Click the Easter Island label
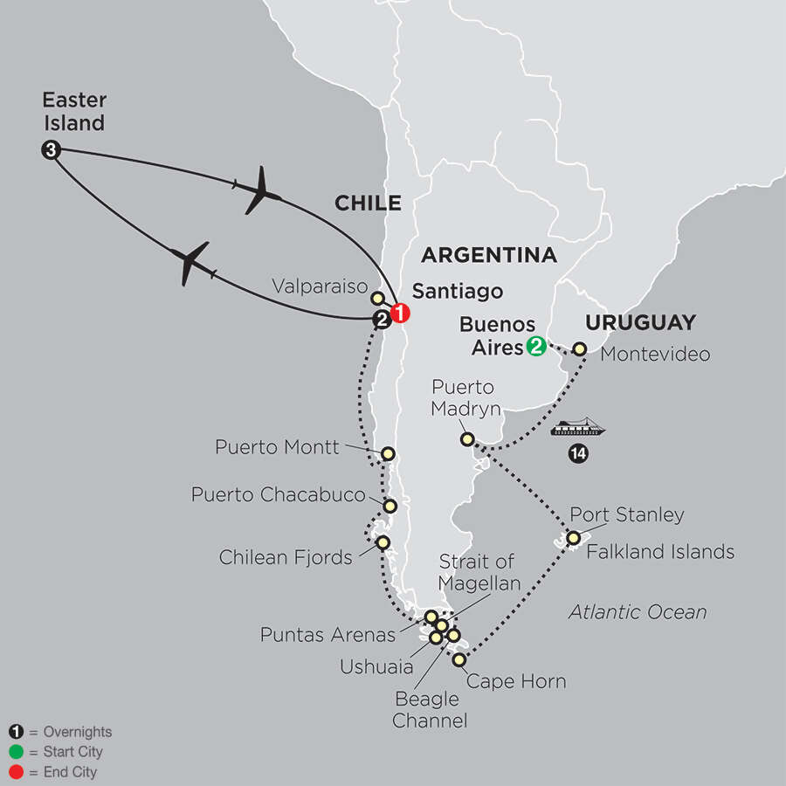pyautogui.click(x=74, y=112)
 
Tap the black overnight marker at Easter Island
pyautogui.click(x=51, y=150)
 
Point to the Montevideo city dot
pyautogui.click(x=579, y=348)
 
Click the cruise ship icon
pyautogui.click(x=577, y=428)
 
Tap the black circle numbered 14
pyautogui.click(x=576, y=453)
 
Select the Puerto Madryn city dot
pyautogui.click(x=468, y=438)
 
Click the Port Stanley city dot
pyautogui.click(x=574, y=538)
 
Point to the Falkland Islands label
pyautogui.click(x=660, y=552)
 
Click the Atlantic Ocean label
pyautogui.click(x=638, y=611)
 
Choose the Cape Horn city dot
pyautogui.click(x=459, y=660)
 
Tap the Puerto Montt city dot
pyautogui.click(x=388, y=453)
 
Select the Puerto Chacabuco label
pyautogui.click(x=279, y=495)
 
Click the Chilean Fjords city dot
pyautogui.click(x=383, y=542)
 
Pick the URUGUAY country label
pyautogui.click(x=640, y=322)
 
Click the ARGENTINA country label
pyautogui.click(x=488, y=255)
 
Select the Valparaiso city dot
pyautogui.click(x=377, y=298)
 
